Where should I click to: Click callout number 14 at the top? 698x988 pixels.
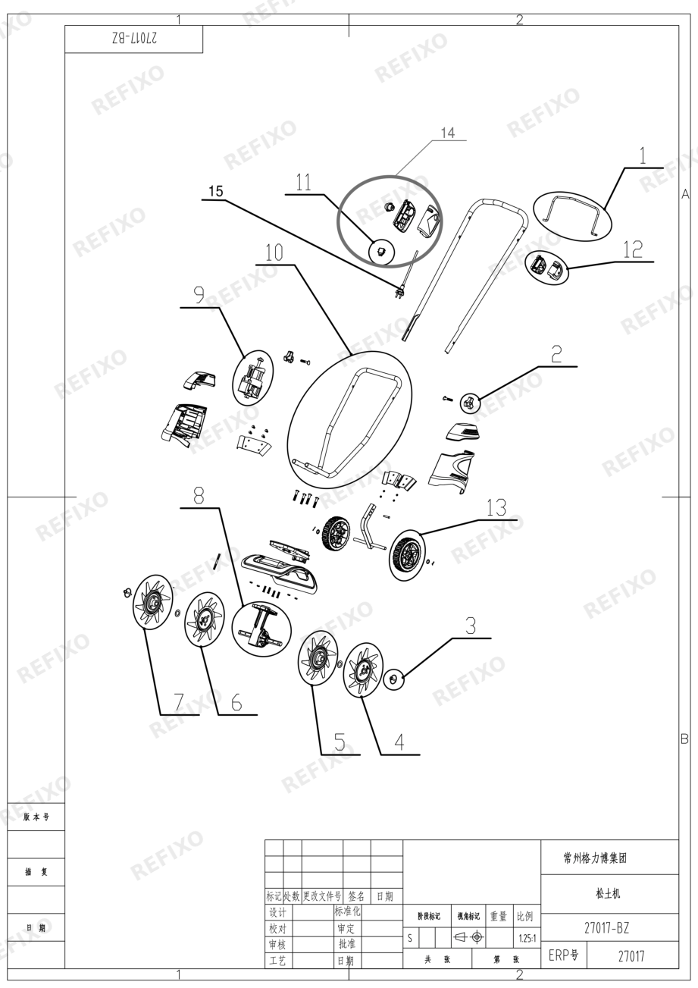pos(448,133)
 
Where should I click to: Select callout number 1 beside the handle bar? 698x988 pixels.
pos(643,155)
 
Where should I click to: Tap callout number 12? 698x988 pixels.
pos(633,249)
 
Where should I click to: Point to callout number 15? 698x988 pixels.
pos(216,191)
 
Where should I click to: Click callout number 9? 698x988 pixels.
pos(199,295)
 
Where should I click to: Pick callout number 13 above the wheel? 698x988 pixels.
pos(496,508)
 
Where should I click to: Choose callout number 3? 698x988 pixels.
pos(471,626)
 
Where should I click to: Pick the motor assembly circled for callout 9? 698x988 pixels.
pos(252,378)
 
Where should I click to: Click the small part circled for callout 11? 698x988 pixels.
pos(381,252)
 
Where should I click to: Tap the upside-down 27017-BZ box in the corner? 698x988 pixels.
pos(134,39)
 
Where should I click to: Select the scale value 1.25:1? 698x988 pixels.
pos(527,938)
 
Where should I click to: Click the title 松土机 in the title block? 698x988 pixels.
pos(608,893)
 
